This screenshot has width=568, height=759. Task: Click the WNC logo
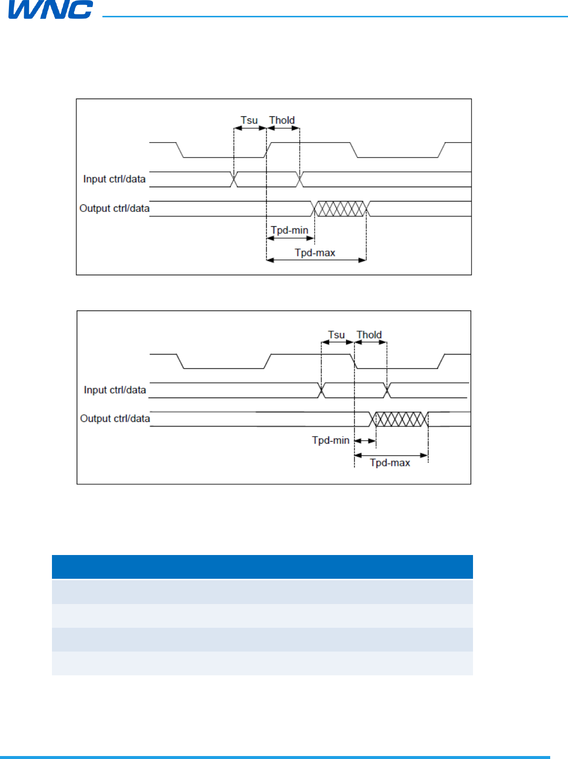point(50,9)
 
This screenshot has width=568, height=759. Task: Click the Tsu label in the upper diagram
point(249,120)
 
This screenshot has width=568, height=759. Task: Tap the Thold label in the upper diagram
point(282,120)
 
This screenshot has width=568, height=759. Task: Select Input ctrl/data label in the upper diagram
point(114,179)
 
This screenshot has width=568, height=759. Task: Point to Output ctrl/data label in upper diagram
point(114,208)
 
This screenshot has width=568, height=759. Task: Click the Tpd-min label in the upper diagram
point(289,230)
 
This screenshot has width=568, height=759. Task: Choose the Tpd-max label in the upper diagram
point(315,253)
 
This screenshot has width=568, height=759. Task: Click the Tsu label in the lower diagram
point(336,335)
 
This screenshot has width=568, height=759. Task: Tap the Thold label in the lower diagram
point(369,335)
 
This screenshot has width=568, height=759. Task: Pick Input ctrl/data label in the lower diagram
point(115,390)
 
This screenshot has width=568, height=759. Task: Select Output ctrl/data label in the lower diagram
point(115,418)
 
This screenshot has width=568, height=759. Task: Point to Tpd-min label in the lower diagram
point(331,440)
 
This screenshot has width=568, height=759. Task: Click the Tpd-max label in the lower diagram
point(390,462)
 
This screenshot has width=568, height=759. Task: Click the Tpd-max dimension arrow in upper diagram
point(316,260)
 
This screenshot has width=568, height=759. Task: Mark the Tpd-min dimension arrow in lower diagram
point(365,441)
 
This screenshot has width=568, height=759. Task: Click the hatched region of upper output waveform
point(340,208)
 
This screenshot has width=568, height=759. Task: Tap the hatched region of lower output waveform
point(400,419)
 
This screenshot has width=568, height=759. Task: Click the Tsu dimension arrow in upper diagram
point(250,128)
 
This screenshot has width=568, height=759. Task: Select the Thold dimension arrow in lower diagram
point(371,342)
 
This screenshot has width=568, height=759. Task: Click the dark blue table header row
point(262,567)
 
